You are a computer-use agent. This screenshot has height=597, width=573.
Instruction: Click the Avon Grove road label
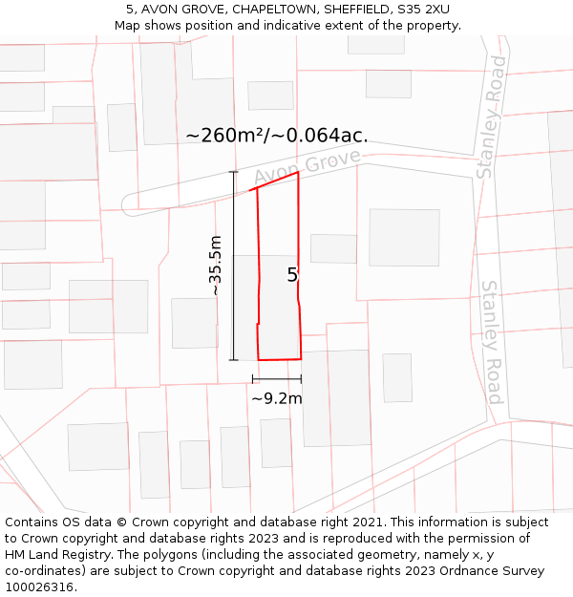pyautogui.click(x=308, y=167)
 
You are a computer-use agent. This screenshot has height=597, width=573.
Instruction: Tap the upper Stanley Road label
pyautogui.click(x=492, y=117)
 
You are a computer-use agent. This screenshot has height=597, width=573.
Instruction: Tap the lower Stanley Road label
pyautogui.click(x=492, y=341)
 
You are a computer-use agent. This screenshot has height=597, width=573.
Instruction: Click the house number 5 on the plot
pyautogui.click(x=292, y=275)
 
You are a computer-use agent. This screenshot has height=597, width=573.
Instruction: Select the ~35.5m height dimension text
pyautogui.click(x=216, y=265)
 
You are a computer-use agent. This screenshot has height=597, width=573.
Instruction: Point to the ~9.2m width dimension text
pyautogui.click(x=277, y=397)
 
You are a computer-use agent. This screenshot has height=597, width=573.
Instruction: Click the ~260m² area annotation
pyautogui.click(x=277, y=136)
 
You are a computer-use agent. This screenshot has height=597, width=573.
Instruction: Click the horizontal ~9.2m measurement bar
pyautogui.click(x=277, y=379)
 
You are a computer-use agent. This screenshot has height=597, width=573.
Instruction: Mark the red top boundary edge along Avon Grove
pyautogui.click(x=274, y=181)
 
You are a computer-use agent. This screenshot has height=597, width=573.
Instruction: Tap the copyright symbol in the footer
pyautogui.click(x=121, y=522)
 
